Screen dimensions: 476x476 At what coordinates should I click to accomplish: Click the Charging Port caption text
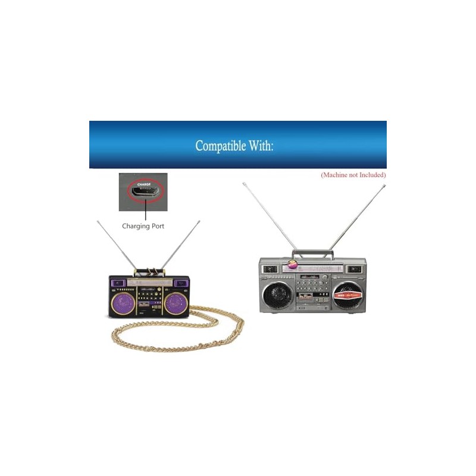coord(143,226)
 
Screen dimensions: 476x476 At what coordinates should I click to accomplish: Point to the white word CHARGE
coord(143,184)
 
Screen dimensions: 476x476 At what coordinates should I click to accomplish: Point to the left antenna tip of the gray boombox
coord(243,183)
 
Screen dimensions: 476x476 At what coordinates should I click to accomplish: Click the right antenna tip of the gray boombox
coord(384,186)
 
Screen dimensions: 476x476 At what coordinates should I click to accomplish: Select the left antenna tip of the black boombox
coord(98,221)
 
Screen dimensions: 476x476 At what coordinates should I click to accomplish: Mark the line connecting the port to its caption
coord(143,212)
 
